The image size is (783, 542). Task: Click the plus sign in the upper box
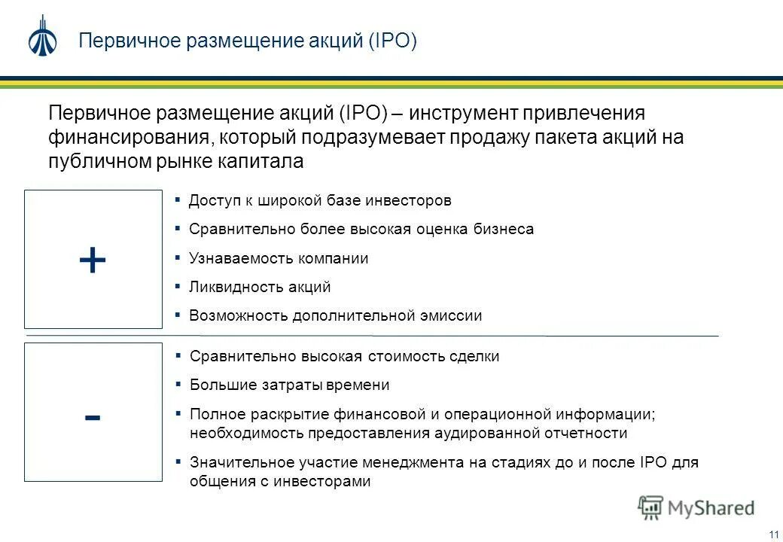93,260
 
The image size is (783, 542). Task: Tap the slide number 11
773,534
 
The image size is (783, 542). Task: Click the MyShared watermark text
711,508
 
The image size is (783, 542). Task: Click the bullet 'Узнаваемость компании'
279,258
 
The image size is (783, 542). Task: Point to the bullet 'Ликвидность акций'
260,287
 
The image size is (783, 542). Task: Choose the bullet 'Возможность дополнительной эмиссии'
335,315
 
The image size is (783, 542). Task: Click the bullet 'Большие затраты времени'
289,385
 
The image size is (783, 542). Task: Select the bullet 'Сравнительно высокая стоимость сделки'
344,356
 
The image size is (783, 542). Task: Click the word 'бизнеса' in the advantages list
506,229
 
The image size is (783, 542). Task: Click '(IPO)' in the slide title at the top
392,41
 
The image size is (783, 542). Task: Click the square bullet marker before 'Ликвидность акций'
178,286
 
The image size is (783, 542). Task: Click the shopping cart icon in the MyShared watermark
650,507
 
